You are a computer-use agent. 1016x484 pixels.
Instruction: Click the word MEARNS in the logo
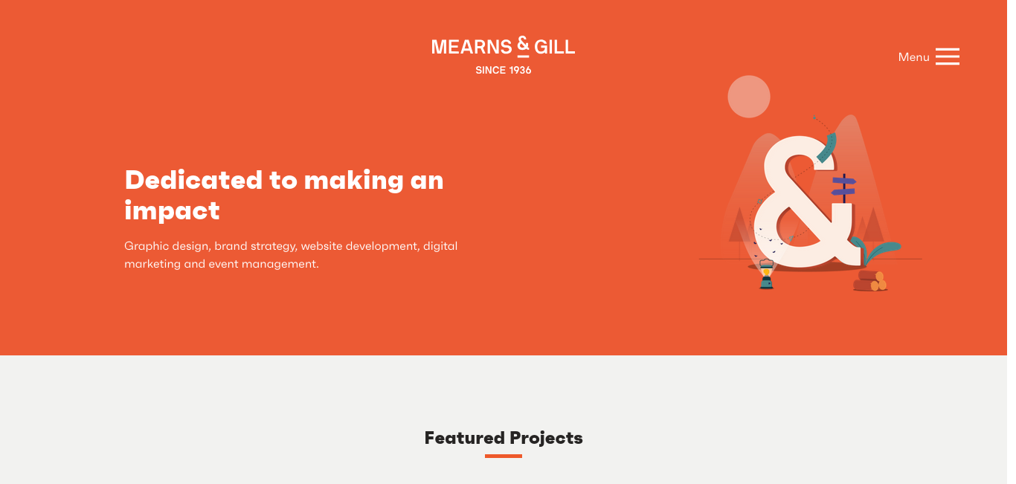pyautogui.click(x=472, y=47)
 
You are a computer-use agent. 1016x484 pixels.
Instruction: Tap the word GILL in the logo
pyautogui.click(x=555, y=47)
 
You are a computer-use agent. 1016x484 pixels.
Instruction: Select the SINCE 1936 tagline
pyautogui.click(x=503, y=70)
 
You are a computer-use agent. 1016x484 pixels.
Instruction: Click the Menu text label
pyautogui.click(x=913, y=57)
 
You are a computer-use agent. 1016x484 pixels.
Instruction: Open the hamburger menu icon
pyautogui.click(x=947, y=57)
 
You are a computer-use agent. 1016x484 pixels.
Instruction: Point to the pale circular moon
pyautogui.click(x=749, y=97)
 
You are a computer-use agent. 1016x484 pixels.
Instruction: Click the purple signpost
pyautogui.click(x=843, y=187)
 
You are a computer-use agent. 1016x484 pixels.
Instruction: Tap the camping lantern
pyautogui.click(x=767, y=274)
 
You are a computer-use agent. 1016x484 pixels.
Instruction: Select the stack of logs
pyautogui.click(x=870, y=280)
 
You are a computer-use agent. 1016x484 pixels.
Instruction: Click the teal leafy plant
pyautogui.click(x=875, y=251)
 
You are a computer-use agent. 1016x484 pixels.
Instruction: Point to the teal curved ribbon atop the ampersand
pyautogui.click(x=827, y=148)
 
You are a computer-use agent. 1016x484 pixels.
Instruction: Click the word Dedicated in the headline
pyautogui.click(x=193, y=180)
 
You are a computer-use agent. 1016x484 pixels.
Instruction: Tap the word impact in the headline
pyautogui.click(x=172, y=211)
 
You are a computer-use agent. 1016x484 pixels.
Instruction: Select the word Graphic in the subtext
pyautogui.click(x=146, y=247)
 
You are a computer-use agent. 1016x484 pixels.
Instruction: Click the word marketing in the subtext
pyautogui.click(x=152, y=264)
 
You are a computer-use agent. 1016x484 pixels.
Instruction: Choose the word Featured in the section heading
pyautogui.click(x=464, y=438)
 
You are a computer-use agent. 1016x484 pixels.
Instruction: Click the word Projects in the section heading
pyautogui.click(x=546, y=438)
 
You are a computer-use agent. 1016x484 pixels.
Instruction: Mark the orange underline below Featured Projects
pyautogui.click(x=504, y=456)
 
